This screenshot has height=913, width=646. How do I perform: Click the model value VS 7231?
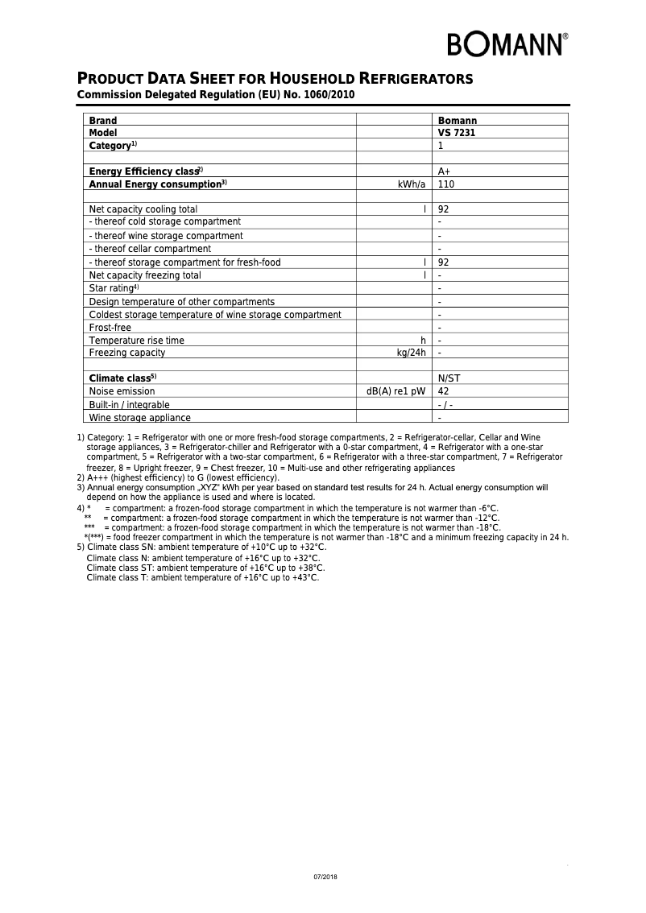456,133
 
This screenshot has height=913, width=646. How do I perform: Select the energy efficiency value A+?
444,171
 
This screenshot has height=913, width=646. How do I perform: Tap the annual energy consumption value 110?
445,184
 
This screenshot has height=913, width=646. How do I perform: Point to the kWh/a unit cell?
412,184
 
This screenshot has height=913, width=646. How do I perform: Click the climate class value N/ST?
449,378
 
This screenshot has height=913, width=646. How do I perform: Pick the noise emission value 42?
443,391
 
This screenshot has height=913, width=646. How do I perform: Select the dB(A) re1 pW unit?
395,391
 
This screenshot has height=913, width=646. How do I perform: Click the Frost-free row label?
110,328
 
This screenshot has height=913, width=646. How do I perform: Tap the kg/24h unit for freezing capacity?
411,353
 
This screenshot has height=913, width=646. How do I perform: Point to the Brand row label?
102,120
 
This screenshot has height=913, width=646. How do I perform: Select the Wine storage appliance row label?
139,418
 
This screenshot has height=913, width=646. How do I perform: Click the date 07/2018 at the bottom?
325,876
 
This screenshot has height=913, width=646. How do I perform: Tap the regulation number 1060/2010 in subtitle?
326,95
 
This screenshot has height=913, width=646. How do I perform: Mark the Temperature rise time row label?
136,341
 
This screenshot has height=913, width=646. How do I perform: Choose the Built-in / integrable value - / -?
445,405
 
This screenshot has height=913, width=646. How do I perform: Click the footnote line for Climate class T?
202,577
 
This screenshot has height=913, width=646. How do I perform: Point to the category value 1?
441,146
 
